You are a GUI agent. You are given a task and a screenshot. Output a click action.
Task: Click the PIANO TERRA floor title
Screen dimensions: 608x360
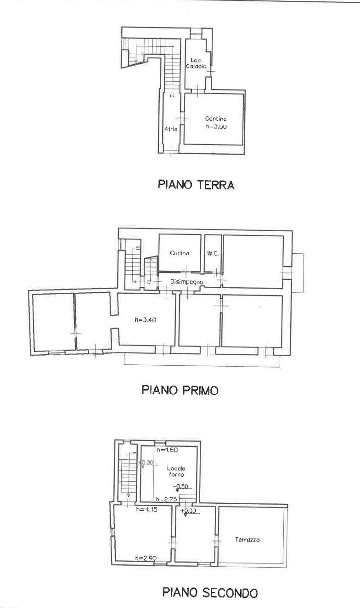coord(196,185)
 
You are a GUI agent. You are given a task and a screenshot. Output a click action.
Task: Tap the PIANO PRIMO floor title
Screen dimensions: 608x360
coord(180,390)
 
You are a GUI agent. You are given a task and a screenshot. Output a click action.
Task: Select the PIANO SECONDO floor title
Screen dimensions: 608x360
coord(210,592)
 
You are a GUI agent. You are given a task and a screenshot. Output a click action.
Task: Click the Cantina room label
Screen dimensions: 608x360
coord(216,118)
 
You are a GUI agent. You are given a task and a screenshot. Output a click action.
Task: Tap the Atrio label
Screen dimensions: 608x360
coord(171,129)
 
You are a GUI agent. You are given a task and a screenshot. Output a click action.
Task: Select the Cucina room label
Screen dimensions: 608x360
coord(180,253)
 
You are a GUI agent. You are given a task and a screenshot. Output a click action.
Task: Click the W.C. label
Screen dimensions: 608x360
coord(213,253)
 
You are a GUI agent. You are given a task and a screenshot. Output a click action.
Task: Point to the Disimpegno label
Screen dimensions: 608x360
coord(184,282)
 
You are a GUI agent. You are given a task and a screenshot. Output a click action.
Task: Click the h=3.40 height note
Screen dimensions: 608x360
coord(146,320)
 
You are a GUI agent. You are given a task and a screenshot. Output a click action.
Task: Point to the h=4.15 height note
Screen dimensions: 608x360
coord(147,509)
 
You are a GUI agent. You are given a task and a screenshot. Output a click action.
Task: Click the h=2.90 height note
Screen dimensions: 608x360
coord(146,558)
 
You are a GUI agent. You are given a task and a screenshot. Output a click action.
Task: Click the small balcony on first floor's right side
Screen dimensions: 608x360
coord(298,273)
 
